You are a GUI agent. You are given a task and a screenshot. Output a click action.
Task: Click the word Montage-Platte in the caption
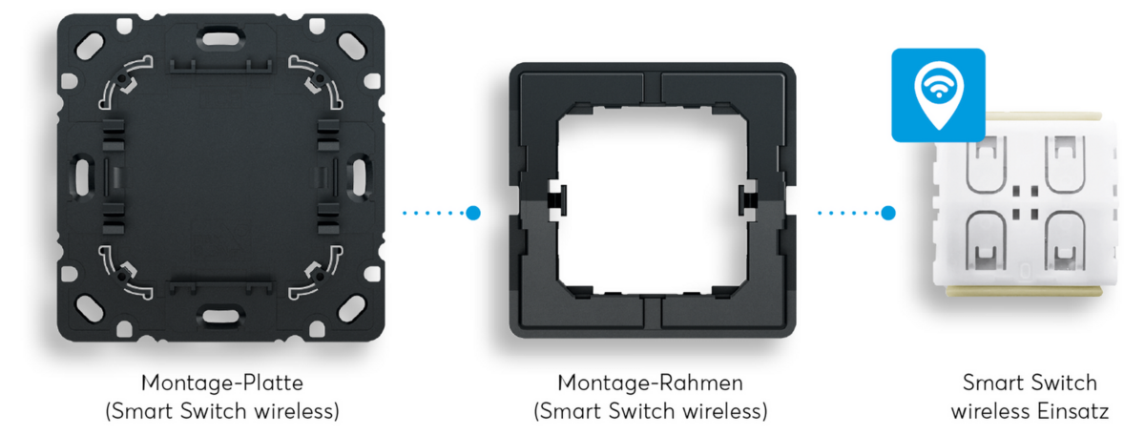(x=221, y=383)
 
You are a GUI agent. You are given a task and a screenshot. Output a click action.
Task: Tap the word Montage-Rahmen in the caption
(x=650, y=383)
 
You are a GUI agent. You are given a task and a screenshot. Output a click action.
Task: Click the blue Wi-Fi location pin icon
(x=939, y=95)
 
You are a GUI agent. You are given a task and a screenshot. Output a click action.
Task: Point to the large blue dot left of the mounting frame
(x=473, y=213)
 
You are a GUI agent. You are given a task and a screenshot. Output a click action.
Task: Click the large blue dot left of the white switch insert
(x=888, y=213)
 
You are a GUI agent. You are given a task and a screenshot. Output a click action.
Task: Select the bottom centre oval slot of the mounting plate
(x=220, y=317)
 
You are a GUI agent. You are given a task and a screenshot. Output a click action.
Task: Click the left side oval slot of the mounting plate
(x=82, y=176)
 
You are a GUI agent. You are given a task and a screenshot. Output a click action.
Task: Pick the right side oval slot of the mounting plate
(x=360, y=176)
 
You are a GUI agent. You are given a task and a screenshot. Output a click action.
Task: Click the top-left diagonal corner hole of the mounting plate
(x=90, y=46)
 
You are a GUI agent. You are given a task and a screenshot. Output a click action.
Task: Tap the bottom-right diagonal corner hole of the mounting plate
(x=352, y=309)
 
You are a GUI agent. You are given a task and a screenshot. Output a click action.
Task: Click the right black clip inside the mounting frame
(x=748, y=200)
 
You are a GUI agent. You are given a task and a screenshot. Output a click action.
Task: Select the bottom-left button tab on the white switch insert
(x=987, y=241)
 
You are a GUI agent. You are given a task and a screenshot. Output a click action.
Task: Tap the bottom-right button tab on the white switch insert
(x=1065, y=241)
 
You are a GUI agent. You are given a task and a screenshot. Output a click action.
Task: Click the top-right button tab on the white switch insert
(x=1065, y=163)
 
